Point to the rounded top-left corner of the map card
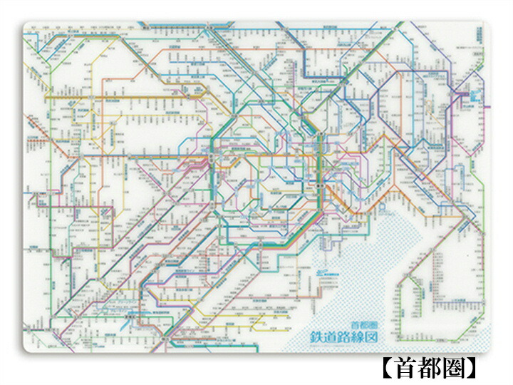(x=26, y=26)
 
